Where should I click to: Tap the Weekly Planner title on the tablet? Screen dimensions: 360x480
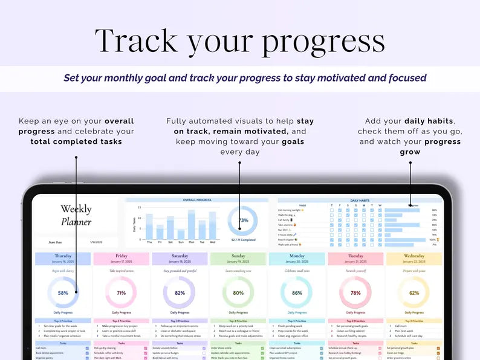pos(76,215)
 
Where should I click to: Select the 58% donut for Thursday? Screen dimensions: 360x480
pos(63,292)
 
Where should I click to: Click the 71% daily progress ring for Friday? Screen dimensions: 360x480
pos(122,292)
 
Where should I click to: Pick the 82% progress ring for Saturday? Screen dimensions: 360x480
pos(180,292)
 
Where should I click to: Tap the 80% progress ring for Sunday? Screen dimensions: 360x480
pos(238,292)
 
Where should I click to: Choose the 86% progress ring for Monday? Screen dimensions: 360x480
pos(297,292)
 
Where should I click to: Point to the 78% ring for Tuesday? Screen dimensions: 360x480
pos(355,292)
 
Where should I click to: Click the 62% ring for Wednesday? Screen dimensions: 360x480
pos(414,292)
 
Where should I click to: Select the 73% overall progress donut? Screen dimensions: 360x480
pos(243,220)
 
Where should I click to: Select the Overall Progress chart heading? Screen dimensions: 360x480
pos(196,200)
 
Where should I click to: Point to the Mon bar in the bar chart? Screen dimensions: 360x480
pos(192,225)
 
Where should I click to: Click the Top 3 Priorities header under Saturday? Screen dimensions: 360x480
pos(180,321)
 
